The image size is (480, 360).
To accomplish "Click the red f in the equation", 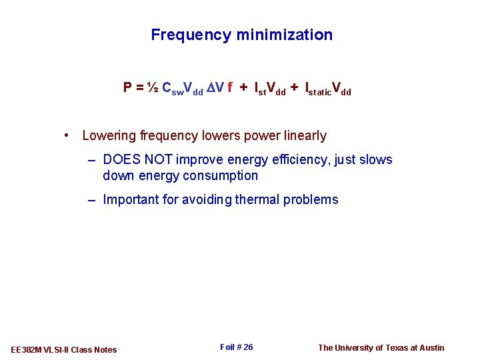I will point(230,87).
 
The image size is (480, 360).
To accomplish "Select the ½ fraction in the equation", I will point(152,87).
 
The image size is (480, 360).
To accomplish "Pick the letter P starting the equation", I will point(127,87).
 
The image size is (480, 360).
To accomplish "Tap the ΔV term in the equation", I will point(215,87).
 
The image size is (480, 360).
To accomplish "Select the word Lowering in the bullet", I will point(109,136).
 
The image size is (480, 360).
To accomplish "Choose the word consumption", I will point(223,176).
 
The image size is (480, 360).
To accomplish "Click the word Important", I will point(130,199).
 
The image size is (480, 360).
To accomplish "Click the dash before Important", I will point(91,199).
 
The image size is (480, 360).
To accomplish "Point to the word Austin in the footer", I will point(431,347).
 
